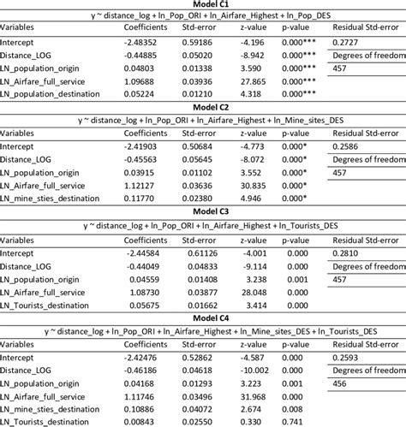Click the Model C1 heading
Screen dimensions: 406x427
click(202, 5)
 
